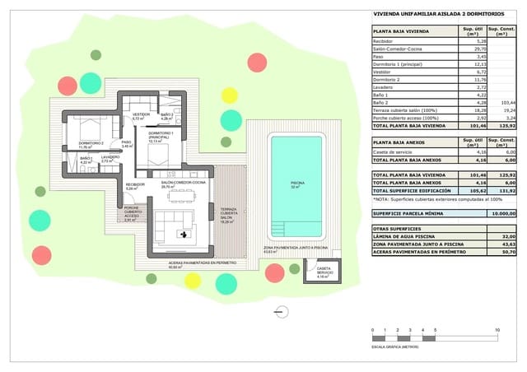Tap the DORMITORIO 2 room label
point(91,145)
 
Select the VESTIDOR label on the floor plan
point(141,115)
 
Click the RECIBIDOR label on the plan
point(136,186)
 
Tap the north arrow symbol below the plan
point(283,311)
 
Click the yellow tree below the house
point(193,280)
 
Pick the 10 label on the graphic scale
point(497,330)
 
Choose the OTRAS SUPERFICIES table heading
point(398,228)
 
